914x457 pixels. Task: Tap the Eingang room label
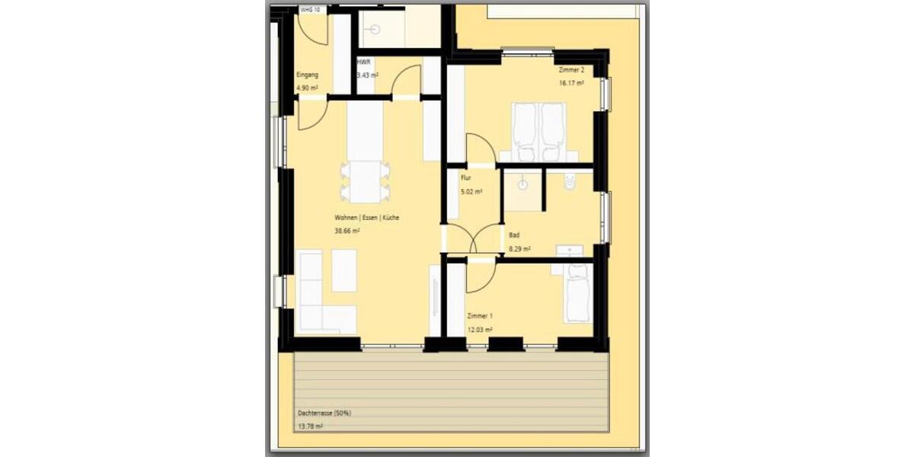point(307,75)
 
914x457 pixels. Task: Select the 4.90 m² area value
point(307,88)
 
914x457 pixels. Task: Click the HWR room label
point(363,62)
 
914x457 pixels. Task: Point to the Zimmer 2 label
point(570,70)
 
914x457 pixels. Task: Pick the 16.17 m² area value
point(571,82)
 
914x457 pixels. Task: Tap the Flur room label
point(466,178)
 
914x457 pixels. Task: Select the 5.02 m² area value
point(471,192)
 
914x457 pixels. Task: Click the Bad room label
point(515,235)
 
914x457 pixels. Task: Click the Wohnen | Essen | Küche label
point(366,218)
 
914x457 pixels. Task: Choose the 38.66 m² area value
point(347,231)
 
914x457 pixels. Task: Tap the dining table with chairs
point(365,181)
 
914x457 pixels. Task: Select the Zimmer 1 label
point(480,316)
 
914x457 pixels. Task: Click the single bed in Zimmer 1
point(578,292)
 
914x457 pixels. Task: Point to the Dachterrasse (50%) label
point(324,414)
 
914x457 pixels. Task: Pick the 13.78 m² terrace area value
point(310,427)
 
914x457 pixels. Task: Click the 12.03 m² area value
point(479,330)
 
